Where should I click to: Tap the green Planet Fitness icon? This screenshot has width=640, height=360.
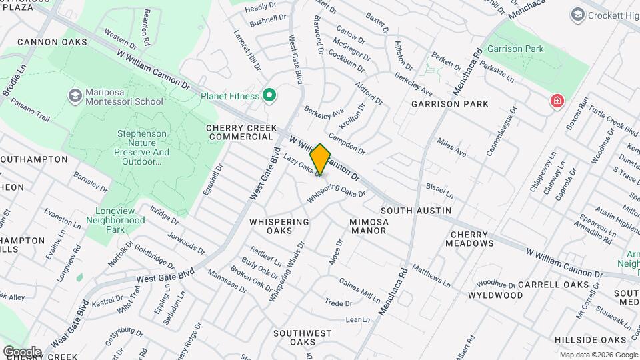pyautogui.click(x=269, y=96)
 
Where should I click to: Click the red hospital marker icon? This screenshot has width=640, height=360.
pyautogui.click(x=556, y=101)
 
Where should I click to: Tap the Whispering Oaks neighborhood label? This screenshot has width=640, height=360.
pyautogui.click(x=279, y=226)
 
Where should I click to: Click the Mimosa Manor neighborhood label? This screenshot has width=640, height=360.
pyautogui.click(x=368, y=226)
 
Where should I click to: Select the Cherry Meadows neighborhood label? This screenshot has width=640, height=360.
pyautogui.click(x=472, y=239)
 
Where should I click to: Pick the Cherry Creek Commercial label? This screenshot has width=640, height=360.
pyautogui.click(x=240, y=132)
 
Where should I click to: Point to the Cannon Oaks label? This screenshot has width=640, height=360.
pyautogui.click(x=52, y=42)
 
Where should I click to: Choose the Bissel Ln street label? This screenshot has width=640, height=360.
pyautogui.click(x=439, y=192)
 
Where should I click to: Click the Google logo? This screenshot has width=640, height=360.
pyautogui.click(x=22, y=351)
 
